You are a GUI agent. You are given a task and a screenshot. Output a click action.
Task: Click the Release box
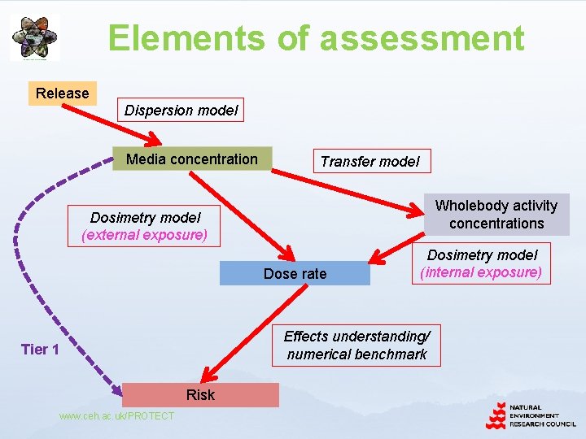point(63,93)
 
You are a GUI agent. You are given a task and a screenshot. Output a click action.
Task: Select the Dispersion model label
point(181,111)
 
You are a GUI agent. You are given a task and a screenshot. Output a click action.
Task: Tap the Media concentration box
point(192,159)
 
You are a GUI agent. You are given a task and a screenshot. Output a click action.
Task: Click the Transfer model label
point(370,161)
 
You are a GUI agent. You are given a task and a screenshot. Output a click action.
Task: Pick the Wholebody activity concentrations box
point(496,215)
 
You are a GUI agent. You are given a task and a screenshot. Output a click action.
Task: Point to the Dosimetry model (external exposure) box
point(145,226)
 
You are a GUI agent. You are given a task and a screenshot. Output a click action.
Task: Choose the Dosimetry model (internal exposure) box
point(482,263)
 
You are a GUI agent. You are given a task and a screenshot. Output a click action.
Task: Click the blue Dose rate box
point(295,274)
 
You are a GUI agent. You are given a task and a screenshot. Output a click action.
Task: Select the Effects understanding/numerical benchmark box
point(356,345)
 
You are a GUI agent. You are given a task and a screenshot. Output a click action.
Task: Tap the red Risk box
point(200,394)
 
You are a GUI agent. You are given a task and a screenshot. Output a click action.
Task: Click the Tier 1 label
point(40,350)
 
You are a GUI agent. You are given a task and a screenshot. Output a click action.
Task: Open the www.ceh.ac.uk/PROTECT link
point(116,416)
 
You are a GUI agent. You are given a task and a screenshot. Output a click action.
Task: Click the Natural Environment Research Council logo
point(530,415)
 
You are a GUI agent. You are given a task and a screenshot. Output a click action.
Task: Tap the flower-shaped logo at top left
point(35,37)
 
